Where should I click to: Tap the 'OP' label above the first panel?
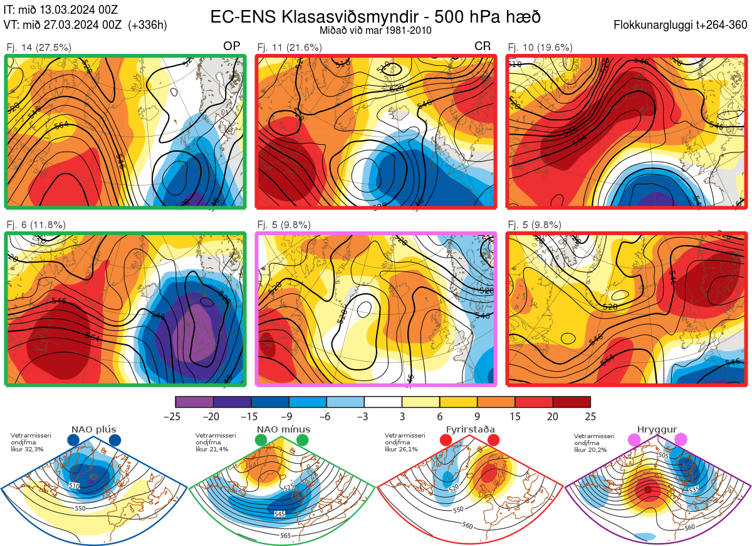click(x=231, y=47)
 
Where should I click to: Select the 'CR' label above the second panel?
click(x=482, y=47)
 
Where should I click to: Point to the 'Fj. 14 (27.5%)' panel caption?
click(x=39, y=47)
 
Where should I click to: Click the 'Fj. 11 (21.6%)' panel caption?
click(x=290, y=47)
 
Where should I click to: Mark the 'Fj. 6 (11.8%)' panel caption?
click(x=36, y=225)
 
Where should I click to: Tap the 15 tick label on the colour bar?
click(x=515, y=416)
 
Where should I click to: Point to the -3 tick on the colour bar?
click(x=363, y=416)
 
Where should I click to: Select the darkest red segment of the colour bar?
click(x=572, y=402)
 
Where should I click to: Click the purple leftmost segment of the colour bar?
click(x=194, y=402)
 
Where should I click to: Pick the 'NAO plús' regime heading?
click(x=93, y=429)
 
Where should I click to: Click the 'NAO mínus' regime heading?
click(x=283, y=429)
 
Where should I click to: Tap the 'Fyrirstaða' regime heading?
click(x=471, y=429)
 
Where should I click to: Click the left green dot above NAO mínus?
click(x=261, y=441)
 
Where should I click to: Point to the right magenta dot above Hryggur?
click(x=681, y=441)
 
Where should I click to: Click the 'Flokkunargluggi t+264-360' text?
click(x=682, y=26)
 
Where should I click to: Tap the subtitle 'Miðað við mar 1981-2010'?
click(x=375, y=30)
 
